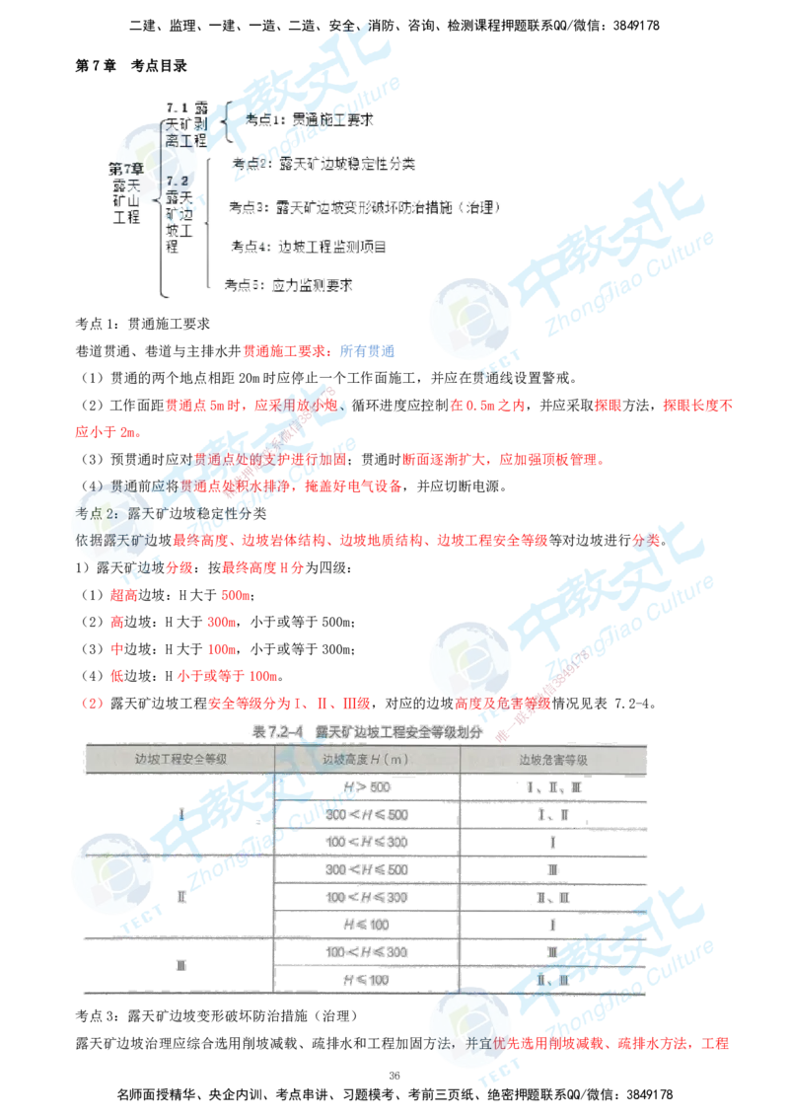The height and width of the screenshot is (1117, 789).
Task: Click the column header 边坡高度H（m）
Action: point(366,760)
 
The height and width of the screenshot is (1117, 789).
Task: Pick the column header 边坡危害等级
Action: point(553,760)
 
